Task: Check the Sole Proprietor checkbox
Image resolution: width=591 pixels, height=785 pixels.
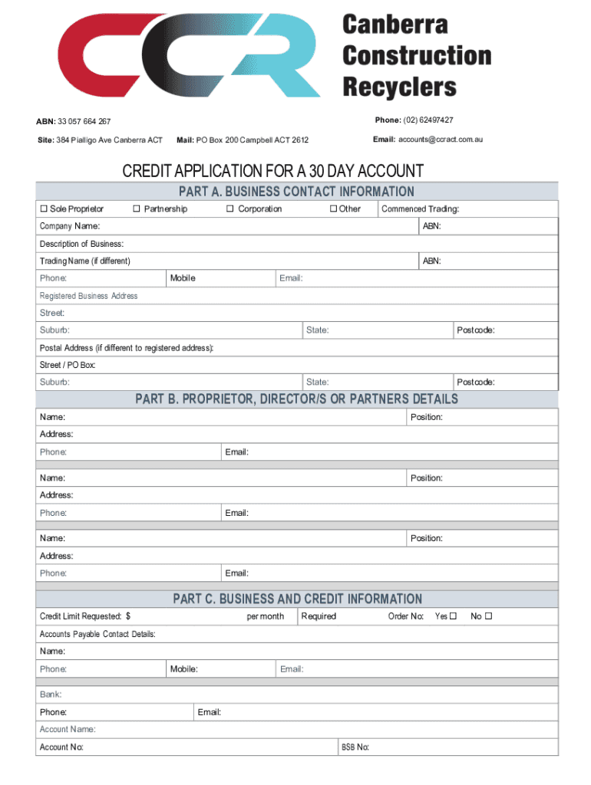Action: (x=44, y=209)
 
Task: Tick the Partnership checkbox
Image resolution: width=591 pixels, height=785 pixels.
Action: (x=136, y=209)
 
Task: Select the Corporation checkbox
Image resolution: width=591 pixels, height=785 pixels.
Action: (x=229, y=209)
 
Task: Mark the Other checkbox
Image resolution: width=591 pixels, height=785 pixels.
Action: (x=333, y=209)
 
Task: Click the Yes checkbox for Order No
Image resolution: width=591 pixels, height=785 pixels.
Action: (x=453, y=616)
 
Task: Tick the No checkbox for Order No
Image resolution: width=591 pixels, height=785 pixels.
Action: (x=488, y=616)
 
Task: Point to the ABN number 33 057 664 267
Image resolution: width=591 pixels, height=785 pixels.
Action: (x=84, y=122)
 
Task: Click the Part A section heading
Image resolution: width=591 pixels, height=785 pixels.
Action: (x=296, y=192)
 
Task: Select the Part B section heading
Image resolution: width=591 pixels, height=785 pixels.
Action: (x=296, y=399)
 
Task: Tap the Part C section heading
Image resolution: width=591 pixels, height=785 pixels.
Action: (x=297, y=599)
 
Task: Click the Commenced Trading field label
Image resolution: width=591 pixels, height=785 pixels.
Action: (x=421, y=209)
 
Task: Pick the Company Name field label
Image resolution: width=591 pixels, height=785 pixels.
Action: (x=70, y=226)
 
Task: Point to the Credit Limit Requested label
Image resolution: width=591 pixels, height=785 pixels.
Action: (x=85, y=616)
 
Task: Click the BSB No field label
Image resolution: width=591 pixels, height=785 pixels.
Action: (x=355, y=747)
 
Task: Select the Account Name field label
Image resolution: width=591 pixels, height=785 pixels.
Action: (x=68, y=730)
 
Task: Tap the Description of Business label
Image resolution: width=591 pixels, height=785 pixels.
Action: (x=81, y=244)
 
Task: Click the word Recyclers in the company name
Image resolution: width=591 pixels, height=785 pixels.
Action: (x=399, y=87)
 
